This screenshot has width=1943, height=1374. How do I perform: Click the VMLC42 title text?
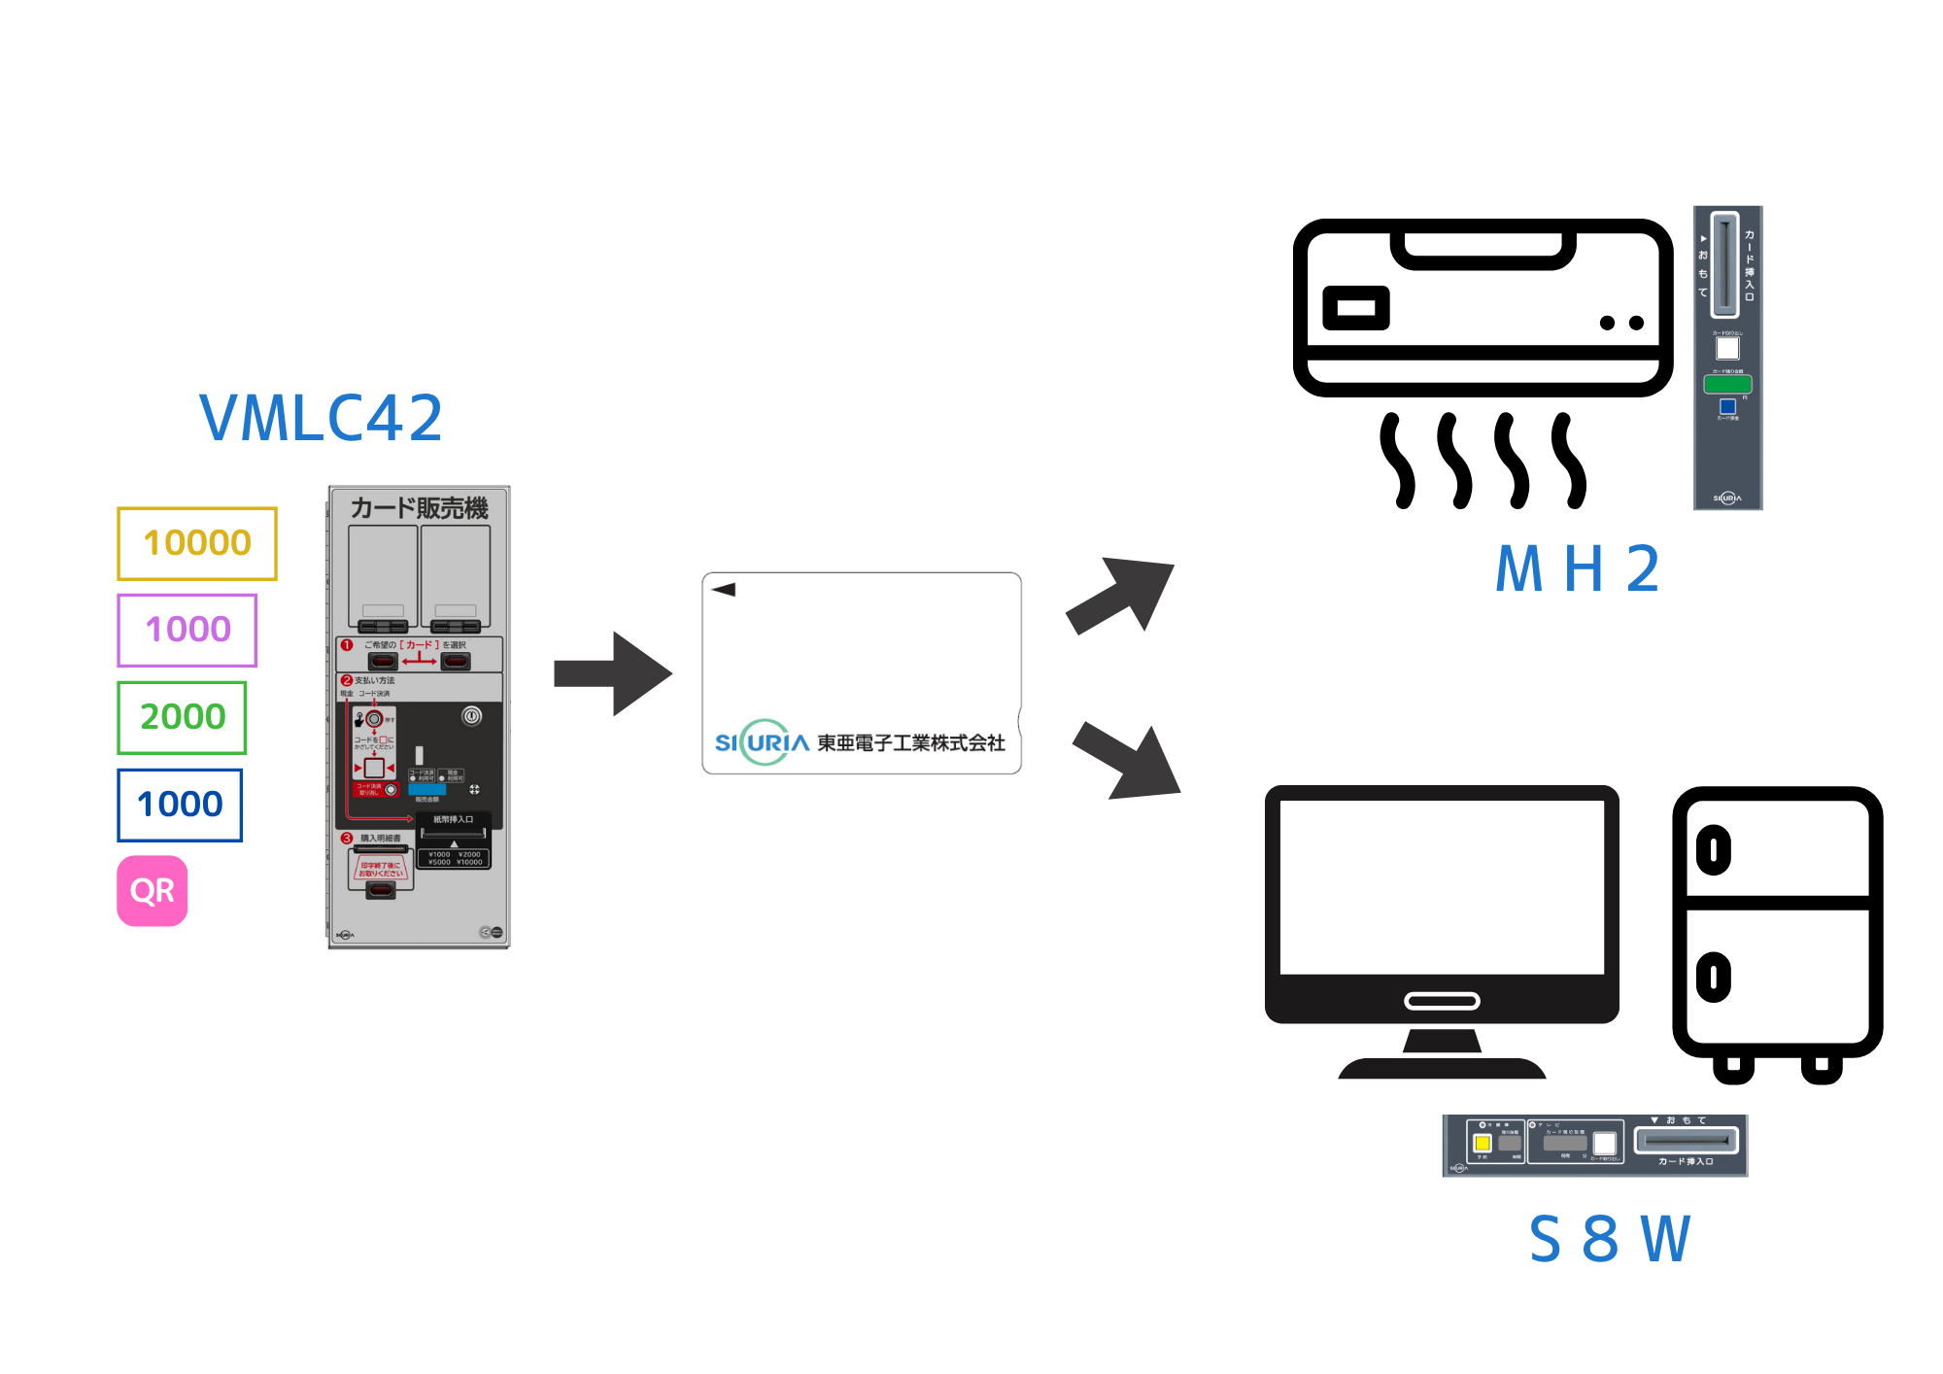(321, 418)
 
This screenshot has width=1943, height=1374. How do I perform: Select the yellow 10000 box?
(197, 543)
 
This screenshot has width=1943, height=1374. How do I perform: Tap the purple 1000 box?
(187, 630)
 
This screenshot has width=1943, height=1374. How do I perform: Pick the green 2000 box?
(182, 717)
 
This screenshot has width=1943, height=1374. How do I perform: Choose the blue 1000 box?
(180, 805)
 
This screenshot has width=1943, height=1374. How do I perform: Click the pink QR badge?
(153, 890)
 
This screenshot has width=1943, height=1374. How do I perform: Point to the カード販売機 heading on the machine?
(419, 508)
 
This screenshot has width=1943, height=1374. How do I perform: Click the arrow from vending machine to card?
(612, 673)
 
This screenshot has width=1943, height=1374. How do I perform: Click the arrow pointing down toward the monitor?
(1128, 764)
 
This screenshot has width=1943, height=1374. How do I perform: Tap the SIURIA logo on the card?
(763, 742)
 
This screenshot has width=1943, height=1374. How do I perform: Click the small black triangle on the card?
(724, 589)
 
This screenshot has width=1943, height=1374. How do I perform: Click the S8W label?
(1610, 1239)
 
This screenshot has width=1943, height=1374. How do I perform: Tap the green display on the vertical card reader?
(1727, 384)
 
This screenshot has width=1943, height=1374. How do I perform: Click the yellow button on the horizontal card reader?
(1483, 1143)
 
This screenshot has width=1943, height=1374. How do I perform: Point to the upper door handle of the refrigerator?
(1714, 850)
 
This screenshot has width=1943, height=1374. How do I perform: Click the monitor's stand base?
(1442, 1068)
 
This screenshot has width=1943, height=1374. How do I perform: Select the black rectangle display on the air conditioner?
(1356, 309)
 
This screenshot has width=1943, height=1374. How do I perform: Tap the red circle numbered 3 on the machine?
(347, 838)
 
